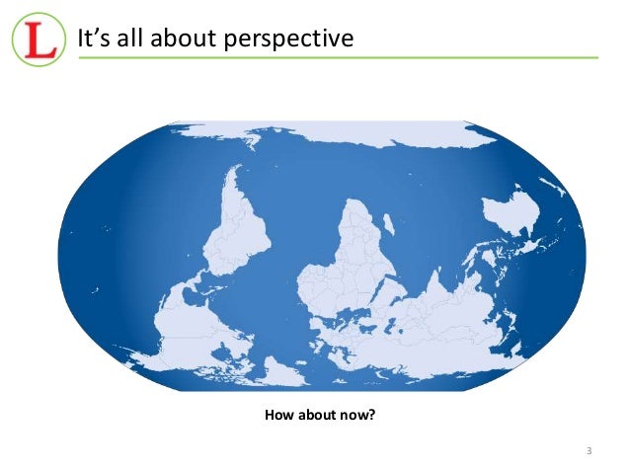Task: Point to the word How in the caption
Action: click(x=281, y=415)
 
